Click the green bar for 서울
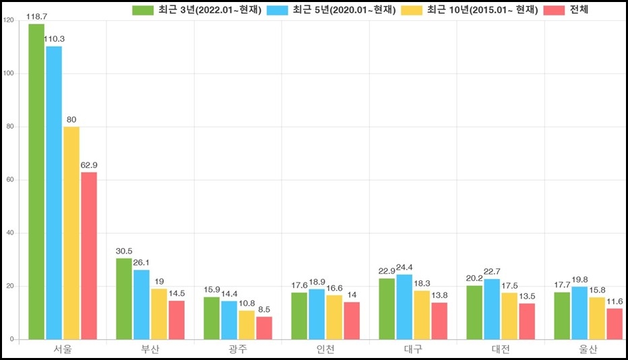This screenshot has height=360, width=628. (36, 182)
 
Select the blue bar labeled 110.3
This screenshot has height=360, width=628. (54, 193)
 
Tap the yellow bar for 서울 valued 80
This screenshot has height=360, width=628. (71, 233)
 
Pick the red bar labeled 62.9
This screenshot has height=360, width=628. (89, 256)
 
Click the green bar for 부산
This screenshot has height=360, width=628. (124, 299)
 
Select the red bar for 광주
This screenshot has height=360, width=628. (264, 328)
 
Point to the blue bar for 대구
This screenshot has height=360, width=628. (404, 307)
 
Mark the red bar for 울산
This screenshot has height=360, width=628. (615, 324)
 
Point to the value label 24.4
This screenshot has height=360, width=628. (404, 267)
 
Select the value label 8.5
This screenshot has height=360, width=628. (264, 309)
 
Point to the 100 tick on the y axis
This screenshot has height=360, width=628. (8, 73)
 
